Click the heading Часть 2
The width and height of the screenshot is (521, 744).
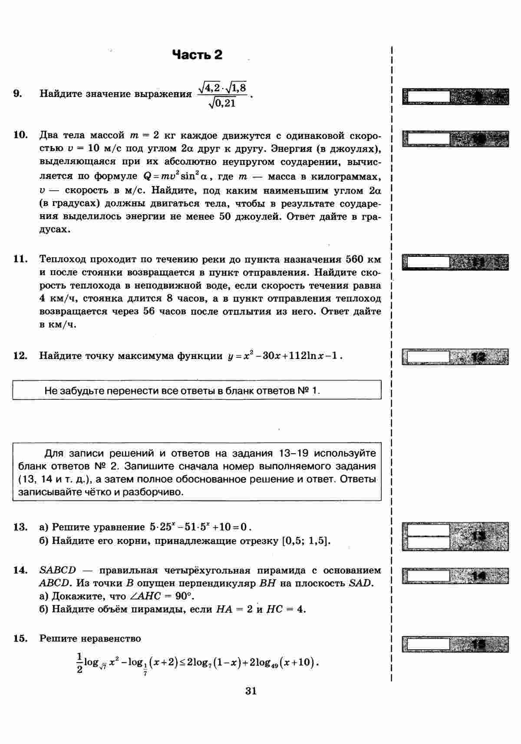pos(197,55)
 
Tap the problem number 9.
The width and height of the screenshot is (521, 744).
pos(18,93)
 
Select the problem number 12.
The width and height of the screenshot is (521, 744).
pos(20,355)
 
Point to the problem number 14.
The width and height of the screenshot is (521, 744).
pos(20,570)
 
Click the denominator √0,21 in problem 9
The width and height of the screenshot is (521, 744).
pos(222,103)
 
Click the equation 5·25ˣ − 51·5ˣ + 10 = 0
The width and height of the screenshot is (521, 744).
pos(198,527)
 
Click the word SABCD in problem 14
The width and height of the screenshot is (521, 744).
pos(57,570)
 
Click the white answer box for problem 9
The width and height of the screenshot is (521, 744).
pos(426,96)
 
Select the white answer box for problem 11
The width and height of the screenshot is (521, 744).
pos(426,262)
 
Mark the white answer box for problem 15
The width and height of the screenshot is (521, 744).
pos(426,643)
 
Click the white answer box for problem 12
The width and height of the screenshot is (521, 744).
pos(426,356)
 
